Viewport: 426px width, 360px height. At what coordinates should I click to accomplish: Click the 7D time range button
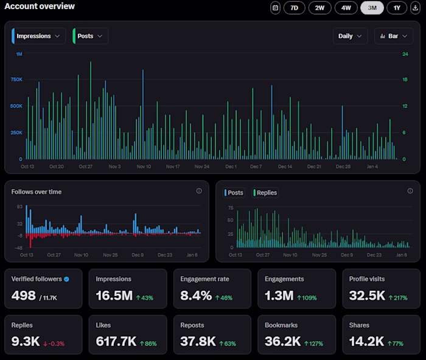tap(295, 8)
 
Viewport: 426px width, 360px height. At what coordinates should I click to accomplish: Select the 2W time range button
tap(319, 8)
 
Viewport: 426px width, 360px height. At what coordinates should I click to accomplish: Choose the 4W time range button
tap(346, 8)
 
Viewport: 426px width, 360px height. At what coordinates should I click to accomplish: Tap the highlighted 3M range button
tap(372, 8)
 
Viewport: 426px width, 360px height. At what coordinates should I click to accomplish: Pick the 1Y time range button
tap(397, 8)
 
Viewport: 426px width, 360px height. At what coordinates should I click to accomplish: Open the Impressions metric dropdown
tap(39, 36)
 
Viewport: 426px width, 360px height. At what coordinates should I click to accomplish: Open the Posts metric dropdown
tap(91, 36)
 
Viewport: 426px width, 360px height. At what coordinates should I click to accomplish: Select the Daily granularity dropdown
tap(351, 36)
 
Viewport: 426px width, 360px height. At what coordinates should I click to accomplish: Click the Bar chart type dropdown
tap(394, 36)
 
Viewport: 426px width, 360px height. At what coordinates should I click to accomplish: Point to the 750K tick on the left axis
tap(16, 80)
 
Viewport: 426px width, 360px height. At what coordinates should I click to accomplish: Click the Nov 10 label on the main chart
tap(143, 166)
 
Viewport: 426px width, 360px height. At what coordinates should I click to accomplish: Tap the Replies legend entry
tap(265, 193)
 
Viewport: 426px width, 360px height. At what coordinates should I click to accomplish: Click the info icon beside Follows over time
tap(199, 191)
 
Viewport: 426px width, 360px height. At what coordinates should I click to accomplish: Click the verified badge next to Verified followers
tap(67, 279)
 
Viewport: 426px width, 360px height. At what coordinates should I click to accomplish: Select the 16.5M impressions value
tap(114, 296)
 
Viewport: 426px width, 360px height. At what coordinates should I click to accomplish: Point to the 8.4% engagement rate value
tap(196, 296)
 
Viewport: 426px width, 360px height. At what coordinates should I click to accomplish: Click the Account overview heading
tap(40, 7)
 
